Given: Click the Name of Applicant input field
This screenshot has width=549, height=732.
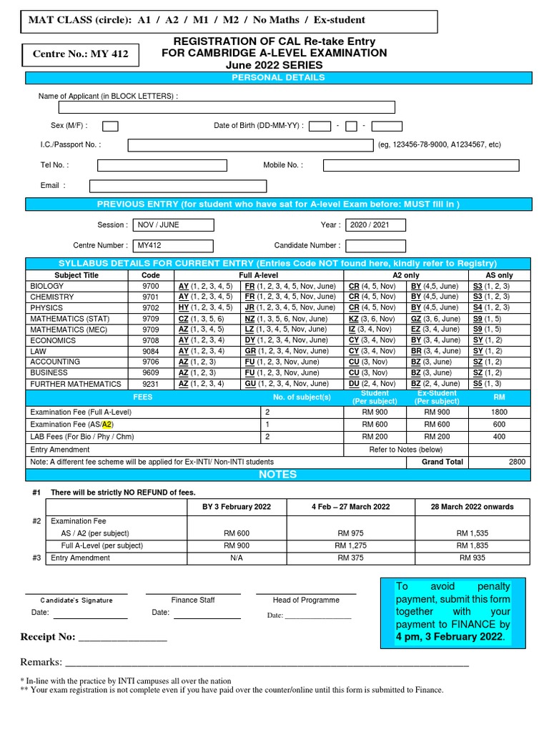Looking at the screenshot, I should point(227,107).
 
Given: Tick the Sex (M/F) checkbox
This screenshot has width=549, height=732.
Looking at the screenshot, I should point(110,127).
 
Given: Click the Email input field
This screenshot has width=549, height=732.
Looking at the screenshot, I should point(177,186).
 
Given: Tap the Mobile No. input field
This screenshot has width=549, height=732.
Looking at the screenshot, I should point(421,165).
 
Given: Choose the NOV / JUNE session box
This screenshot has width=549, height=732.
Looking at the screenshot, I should point(174,225).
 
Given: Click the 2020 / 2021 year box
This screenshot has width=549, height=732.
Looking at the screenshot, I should point(375,225).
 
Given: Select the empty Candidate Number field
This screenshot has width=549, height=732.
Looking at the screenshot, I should point(375,246).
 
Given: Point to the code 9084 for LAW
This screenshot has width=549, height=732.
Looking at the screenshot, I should point(151,351).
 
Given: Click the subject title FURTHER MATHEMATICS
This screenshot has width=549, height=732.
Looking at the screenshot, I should point(76,384).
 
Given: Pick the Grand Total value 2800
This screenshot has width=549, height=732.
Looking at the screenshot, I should point(516,462).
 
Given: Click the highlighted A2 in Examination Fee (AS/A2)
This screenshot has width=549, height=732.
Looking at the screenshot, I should point(108,424).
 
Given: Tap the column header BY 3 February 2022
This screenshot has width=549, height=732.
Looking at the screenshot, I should point(237,507).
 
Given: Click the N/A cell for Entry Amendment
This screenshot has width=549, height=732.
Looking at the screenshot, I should point(237,558).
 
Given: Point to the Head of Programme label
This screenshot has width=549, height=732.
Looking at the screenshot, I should point(306,600).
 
